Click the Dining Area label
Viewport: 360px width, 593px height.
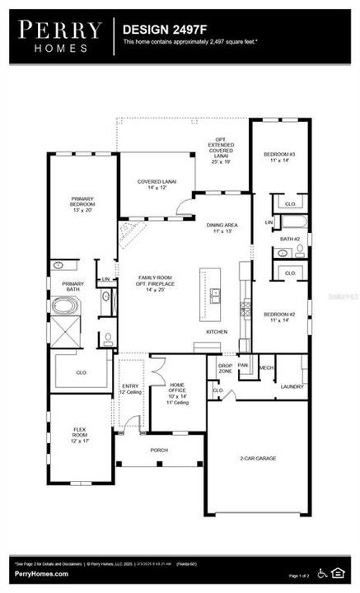point(222,228)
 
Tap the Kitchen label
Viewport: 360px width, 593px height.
point(217,332)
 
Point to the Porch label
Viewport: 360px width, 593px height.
point(159,451)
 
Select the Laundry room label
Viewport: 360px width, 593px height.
point(292,386)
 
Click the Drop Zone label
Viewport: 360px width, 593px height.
point(224,368)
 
